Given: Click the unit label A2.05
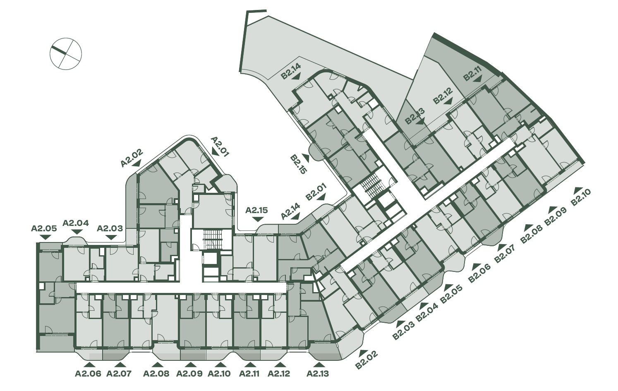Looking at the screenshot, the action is [x=44, y=228].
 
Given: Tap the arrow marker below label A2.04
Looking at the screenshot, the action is [x=77, y=232].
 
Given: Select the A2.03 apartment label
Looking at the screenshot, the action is [x=110, y=228].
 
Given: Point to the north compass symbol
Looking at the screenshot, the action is [x=66, y=53].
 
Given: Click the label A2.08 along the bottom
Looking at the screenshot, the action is [x=156, y=374].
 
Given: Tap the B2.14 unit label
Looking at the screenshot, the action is [x=291, y=72].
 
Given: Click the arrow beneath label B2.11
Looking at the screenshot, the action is [x=477, y=79].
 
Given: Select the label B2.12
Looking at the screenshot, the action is [x=443, y=96].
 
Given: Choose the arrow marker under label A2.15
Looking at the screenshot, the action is [x=257, y=219].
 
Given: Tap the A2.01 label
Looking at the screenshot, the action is [x=220, y=147].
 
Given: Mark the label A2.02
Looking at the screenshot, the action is [x=132, y=158].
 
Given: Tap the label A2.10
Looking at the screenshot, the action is [x=219, y=374].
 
